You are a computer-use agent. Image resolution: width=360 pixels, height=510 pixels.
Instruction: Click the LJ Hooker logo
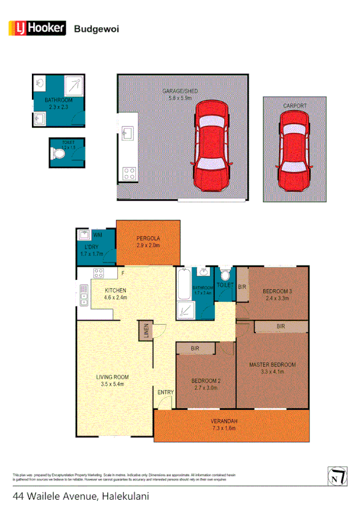coord(36,27)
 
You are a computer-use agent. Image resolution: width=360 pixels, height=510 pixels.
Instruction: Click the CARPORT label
coord(295,106)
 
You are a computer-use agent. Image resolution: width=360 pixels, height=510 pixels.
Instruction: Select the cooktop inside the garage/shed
coord(128,174)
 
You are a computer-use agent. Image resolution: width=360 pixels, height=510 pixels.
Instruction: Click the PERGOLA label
coord(147,238)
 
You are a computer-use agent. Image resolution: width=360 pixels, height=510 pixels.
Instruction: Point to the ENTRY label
coord(166,393)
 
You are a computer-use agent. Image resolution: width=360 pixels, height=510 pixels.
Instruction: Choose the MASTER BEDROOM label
coord(272,365)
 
